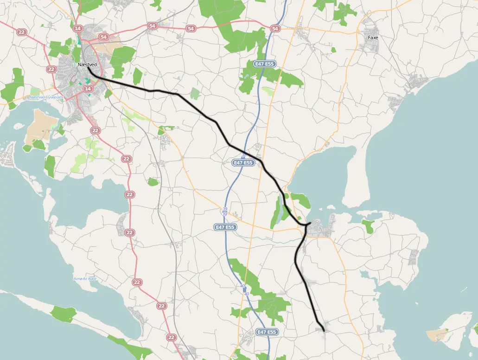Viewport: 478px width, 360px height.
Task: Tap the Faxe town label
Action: point(372,38)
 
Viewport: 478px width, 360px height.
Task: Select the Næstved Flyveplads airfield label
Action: point(46,97)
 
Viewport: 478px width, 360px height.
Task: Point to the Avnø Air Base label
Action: point(85,279)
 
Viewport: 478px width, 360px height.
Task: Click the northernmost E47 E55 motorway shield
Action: point(264,63)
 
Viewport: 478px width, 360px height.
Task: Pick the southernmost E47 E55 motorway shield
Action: point(267,332)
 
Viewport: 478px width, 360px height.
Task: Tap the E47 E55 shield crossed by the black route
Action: point(243,163)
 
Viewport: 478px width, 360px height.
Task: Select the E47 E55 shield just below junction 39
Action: point(225,227)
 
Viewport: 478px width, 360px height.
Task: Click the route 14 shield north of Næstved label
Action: point(77,28)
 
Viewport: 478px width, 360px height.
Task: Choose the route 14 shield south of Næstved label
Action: point(87,89)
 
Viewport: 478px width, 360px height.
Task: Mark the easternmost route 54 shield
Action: point(276,29)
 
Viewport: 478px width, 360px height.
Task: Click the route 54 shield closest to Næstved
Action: point(103,37)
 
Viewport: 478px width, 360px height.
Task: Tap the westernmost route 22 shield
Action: point(21,32)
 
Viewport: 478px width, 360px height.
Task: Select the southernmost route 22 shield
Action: point(172,337)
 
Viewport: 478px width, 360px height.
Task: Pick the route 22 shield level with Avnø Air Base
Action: point(137,282)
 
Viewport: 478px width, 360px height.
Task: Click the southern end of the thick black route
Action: point(323,330)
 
